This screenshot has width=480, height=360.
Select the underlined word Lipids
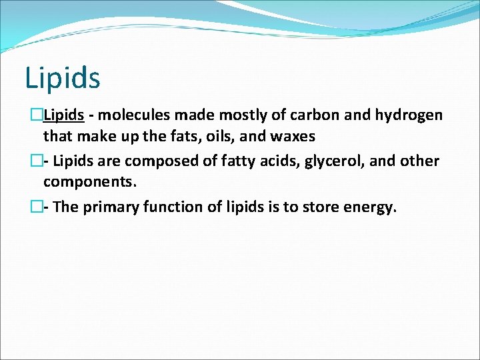point(63,115)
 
